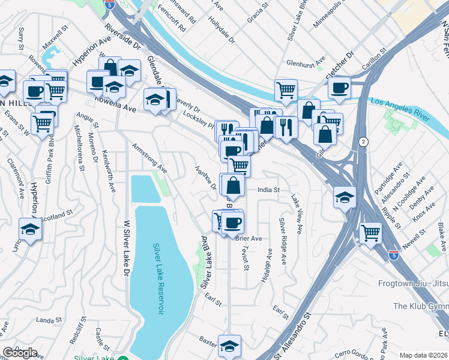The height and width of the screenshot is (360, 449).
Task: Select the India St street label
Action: [x=268, y=190]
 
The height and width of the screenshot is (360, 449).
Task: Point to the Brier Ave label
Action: [x=249, y=238]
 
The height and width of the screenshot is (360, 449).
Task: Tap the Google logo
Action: [x=19, y=353]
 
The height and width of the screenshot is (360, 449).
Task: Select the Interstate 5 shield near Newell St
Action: [x=394, y=255]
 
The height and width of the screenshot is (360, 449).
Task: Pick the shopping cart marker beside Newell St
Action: [x=370, y=232]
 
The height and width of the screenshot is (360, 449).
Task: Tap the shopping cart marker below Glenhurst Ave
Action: [x=286, y=90]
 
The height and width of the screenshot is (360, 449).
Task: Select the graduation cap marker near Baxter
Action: [x=229, y=345]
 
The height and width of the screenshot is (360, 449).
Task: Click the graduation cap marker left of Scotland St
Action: [x=29, y=229]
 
